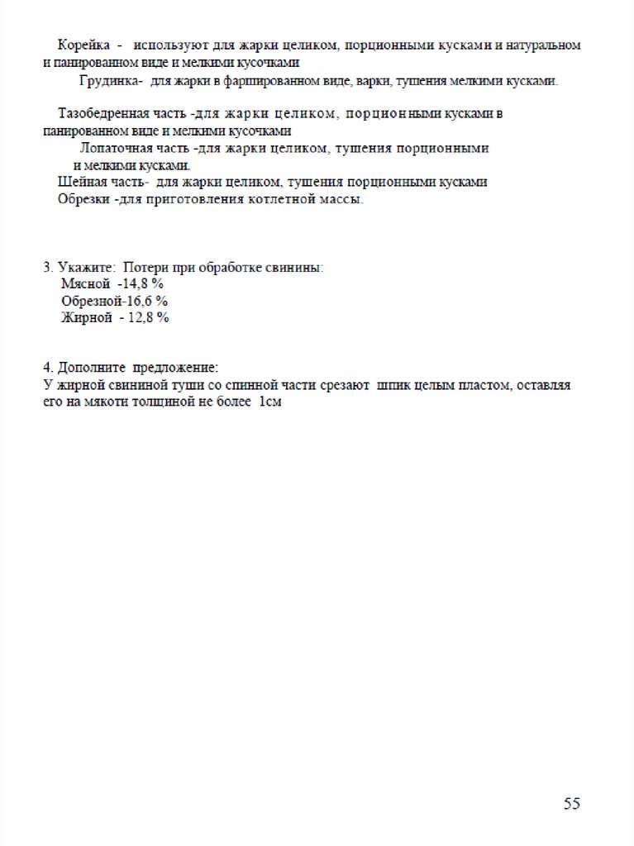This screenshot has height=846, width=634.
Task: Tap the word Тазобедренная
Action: (102, 114)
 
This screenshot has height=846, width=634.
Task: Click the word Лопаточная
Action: (115, 149)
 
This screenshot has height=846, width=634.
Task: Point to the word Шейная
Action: (78, 182)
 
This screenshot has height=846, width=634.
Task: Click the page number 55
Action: (572, 803)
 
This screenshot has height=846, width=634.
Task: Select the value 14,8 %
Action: (143, 283)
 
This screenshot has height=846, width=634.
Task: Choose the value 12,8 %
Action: (148, 318)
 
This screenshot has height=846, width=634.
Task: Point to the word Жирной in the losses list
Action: (87, 318)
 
